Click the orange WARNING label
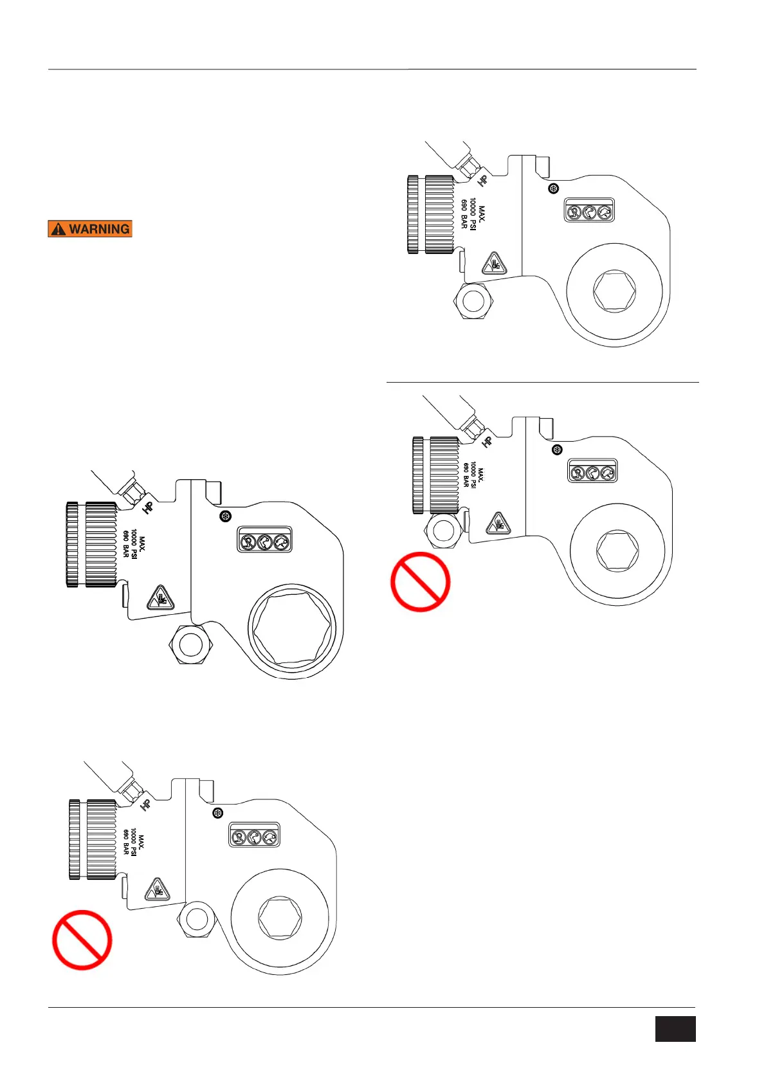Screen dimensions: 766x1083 (90, 229)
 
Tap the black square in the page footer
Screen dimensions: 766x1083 (675, 1029)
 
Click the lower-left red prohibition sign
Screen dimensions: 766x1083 (82, 940)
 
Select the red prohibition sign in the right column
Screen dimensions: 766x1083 (421, 581)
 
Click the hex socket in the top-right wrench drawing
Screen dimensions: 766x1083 (615, 293)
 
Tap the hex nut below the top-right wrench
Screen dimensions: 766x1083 (474, 300)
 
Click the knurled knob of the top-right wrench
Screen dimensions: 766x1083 (431, 214)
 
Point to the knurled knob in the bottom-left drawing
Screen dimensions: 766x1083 (93, 840)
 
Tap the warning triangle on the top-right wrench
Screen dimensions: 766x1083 (493, 264)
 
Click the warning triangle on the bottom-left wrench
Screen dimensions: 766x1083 (156, 890)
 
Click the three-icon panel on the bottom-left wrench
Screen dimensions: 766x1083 (255, 835)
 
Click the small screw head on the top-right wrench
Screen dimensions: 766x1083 (553, 188)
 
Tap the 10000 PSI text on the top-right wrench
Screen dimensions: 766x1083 (473, 215)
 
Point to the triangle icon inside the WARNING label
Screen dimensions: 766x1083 (59, 229)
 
